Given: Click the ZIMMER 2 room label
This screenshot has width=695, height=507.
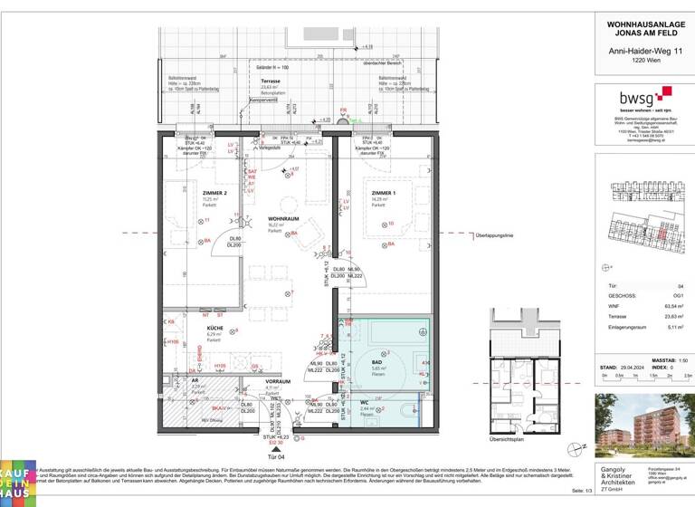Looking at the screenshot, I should (x=188, y=192).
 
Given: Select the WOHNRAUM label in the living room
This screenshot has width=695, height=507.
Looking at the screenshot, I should (x=282, y=219).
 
